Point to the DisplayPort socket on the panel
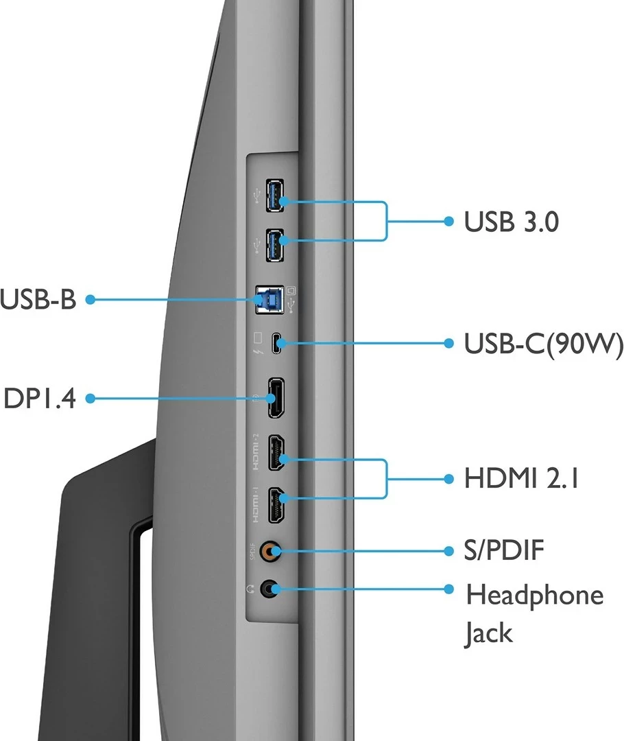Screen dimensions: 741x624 (x=276, y=398)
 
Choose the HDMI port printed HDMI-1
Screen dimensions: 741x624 (x=276, y=505)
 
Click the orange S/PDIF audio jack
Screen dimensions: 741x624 (x=274, y=550)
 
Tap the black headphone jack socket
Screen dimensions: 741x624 (x=274, y=588)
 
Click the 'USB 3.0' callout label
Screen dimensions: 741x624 (x=511, y=222)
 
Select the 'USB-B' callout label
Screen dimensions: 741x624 (x=38, y=300)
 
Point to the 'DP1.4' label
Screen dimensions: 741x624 (x=39, y=398)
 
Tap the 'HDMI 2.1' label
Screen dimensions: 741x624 (x=521, y=478)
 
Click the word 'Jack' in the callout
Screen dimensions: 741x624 (x=488, y=633)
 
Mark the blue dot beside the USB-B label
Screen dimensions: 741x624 (x=90, y=300)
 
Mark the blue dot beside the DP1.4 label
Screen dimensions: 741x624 (x=90, y=398)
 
